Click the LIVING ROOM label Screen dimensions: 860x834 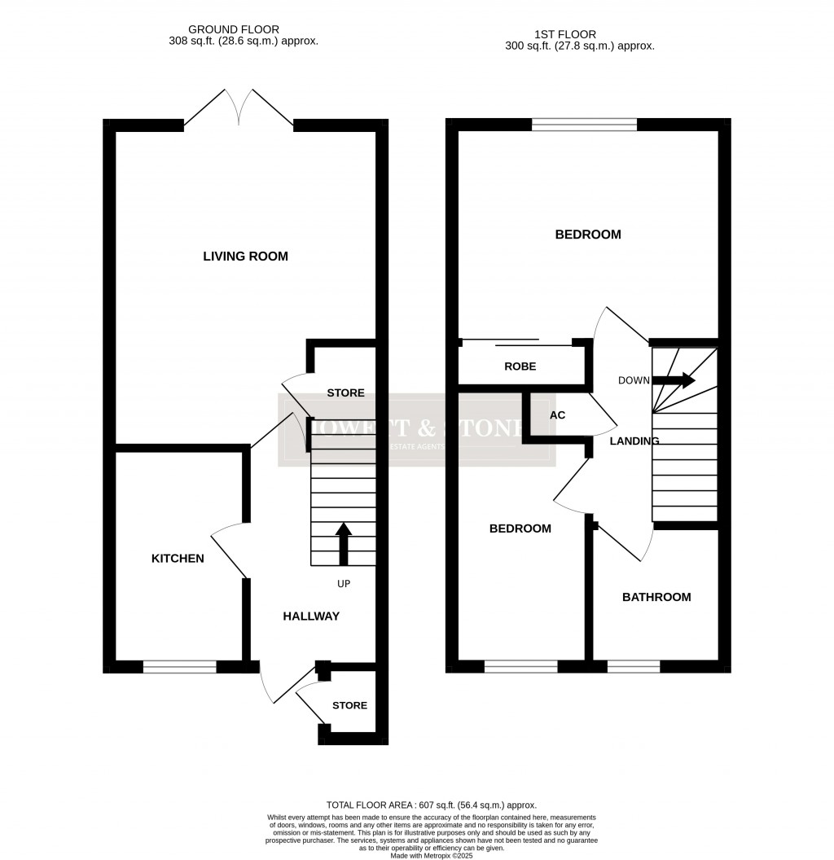245,257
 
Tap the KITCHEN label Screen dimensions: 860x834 178,559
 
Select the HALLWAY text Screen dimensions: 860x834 311,616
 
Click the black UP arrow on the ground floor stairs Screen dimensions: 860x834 343,544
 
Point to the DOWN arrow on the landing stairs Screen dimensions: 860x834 675,380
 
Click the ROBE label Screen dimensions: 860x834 520,366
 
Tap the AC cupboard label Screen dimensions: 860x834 557,415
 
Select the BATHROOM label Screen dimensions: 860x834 656,597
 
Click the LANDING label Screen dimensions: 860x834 634,441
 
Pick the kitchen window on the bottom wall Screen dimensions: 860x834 180,666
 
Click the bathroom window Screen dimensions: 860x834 633,666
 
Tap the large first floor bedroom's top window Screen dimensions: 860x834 584,125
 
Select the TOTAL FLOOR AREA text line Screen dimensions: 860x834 432,805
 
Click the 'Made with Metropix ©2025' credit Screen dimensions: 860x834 432,855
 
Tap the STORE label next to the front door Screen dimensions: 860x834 349,705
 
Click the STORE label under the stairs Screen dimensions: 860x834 345,393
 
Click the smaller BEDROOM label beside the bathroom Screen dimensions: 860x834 520,529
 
